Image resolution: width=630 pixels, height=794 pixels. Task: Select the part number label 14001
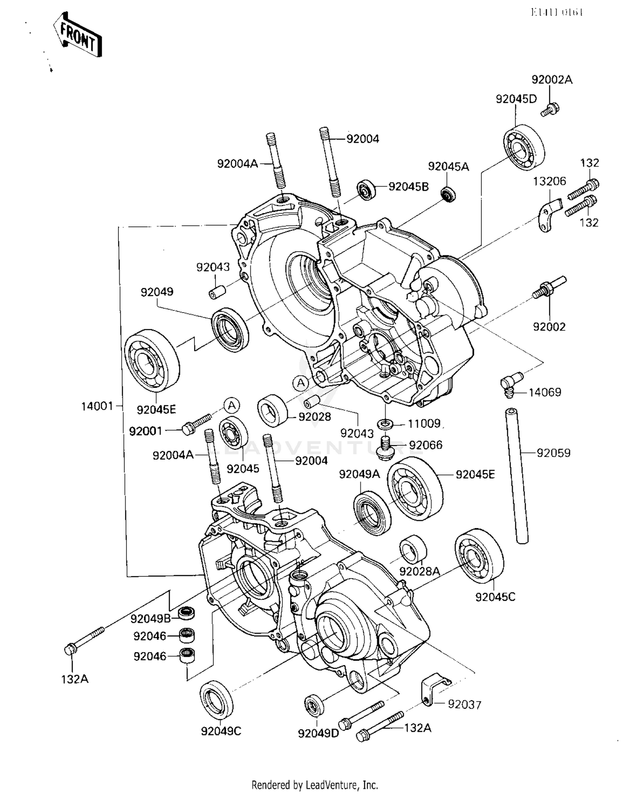coord(97,406)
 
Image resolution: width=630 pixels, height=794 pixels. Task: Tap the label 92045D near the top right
coord(516,99)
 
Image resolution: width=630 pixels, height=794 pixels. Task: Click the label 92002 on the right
coord(549,326)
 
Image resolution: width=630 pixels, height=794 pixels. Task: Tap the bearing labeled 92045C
coord(479,555)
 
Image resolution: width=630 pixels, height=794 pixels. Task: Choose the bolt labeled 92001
coord(196,423)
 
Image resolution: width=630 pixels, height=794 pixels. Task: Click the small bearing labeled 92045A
coord(448,195)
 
